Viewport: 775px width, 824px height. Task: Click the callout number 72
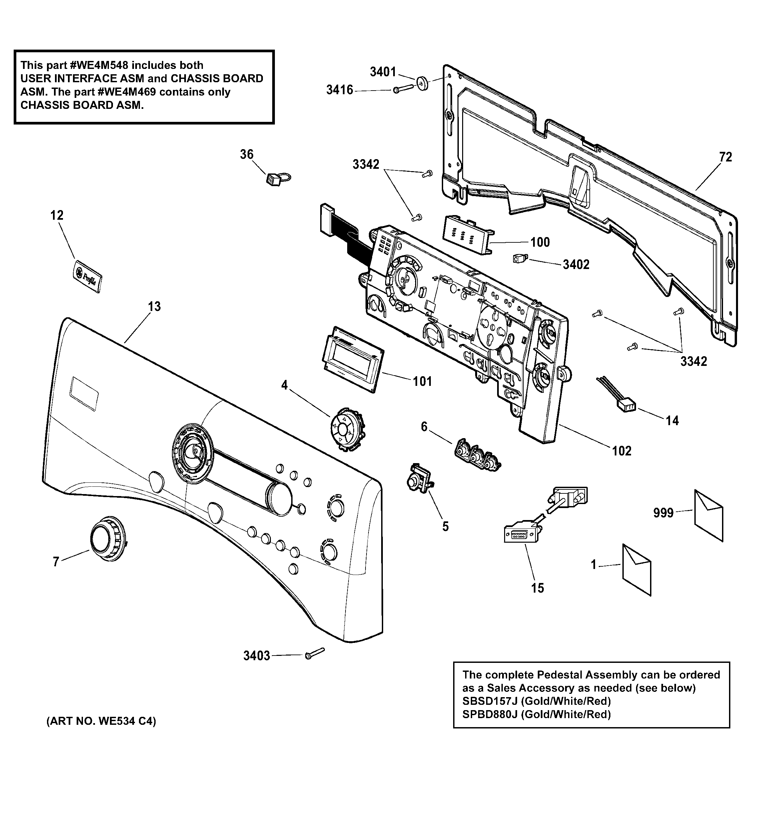725,157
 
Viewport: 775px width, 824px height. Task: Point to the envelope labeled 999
709,515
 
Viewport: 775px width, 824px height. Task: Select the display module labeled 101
353,359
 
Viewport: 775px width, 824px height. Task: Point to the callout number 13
154,307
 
